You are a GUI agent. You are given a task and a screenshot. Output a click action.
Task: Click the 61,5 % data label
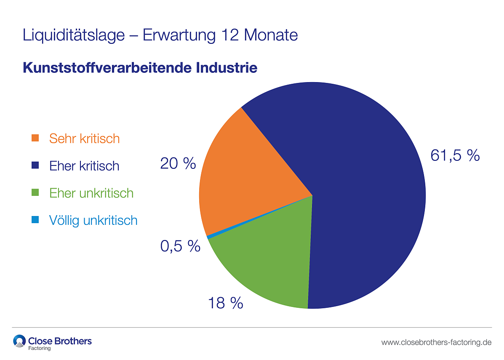(455, 155)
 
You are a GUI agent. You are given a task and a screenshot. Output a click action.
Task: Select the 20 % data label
(178, 163)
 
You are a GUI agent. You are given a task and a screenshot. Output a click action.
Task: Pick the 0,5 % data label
(180, 246)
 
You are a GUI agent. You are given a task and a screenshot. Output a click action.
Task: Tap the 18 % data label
(226, 302)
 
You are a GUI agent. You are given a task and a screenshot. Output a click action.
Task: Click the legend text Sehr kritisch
(84, 139)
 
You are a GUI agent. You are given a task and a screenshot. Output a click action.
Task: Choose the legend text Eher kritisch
(84, 166)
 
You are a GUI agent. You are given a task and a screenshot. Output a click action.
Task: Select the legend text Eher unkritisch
(91, 193)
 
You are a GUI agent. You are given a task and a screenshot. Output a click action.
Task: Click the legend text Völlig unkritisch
(93, 220)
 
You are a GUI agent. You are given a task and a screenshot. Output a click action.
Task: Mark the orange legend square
(35, 138)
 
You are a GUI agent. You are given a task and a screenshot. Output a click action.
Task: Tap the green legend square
(35, 193)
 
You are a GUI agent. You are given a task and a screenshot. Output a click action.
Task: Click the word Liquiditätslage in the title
(74, 35)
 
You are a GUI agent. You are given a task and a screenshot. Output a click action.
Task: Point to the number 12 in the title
(229, 35)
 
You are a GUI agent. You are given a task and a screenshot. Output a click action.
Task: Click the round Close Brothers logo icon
(19, 341)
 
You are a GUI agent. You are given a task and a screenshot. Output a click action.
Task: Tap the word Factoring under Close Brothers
(39, 348)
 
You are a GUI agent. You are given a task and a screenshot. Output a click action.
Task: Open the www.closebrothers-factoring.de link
(436, 342)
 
